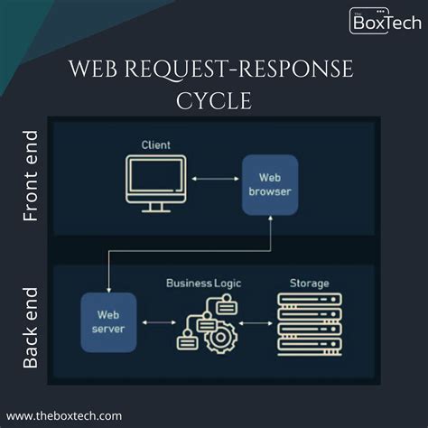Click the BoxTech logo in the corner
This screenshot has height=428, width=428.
click(x=383, y=20)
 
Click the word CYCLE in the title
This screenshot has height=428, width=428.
click(x=214, y=99)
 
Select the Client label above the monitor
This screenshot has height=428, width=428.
click(x=155, y=144)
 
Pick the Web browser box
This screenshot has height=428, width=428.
click(x=269, y=184)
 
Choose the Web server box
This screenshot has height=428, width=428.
click(x=107, y=321)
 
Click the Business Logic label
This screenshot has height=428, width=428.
click(x=203, y=283)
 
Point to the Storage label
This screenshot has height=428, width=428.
click(x=309, y=283)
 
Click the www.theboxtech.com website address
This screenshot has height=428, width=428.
click(x=69, y=414)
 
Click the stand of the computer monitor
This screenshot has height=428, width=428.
click(x=155, y=206)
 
